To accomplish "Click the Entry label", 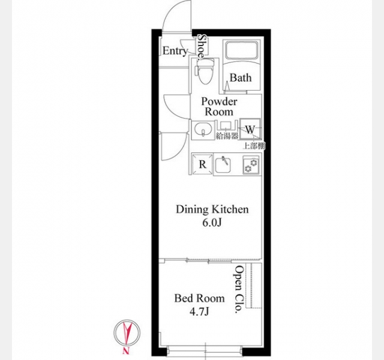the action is [x=175, y=51].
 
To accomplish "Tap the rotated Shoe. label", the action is [x=203, y=47].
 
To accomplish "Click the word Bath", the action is [x=241, y=78].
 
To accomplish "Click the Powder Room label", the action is [x=219, y=107].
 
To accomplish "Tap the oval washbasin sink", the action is [x=203, y=129].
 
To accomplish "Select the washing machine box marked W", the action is [x=250, y=129].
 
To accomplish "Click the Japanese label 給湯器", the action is [x=227, y=136].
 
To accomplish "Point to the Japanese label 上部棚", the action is [x=254, y=146].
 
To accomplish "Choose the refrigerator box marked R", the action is [x=202, y=164].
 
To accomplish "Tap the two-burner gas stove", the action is [x=251, y=165].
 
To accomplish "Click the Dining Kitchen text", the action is [x=212, y=209].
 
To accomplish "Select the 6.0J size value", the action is [x=212, y=223].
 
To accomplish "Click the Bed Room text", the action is [x=199, y=298].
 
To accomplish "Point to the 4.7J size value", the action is [x=199, y=311].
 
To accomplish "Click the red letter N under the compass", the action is [x=126, y=351].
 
